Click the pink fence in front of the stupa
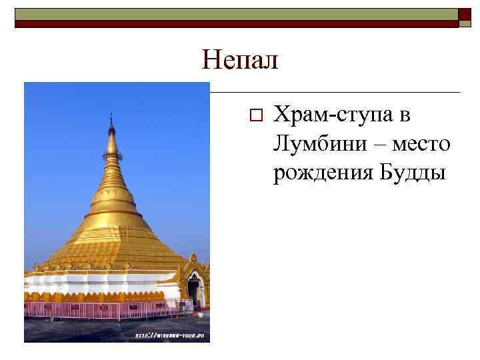[x=100, y=309]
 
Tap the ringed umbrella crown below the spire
[x=111, y=157]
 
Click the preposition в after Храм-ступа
[x=405, y=116]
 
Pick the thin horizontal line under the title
[x=333, y=92]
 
